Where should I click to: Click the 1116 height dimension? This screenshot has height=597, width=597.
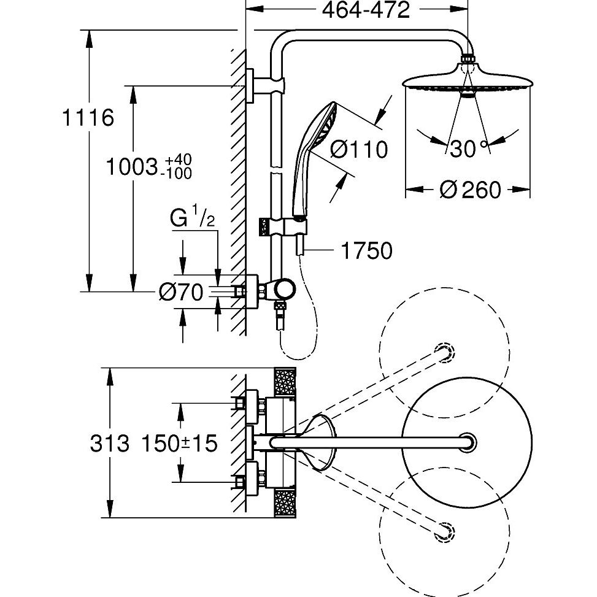[90, 117]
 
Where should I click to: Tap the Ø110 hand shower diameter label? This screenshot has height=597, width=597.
[358, 149]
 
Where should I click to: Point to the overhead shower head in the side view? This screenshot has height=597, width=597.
[467, 83]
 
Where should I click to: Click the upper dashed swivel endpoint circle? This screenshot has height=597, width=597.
[444, 351]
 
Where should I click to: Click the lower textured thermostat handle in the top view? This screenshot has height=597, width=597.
[285, 503]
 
